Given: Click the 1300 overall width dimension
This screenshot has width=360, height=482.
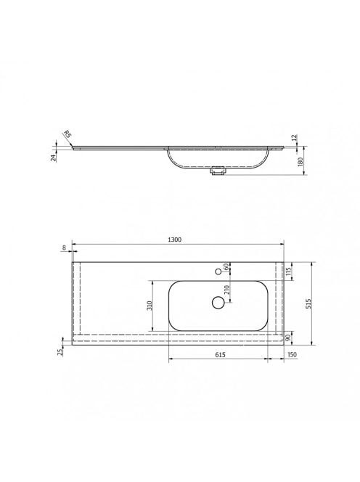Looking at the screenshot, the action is [175, 240].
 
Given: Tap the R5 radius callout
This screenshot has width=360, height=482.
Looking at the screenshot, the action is [67, 134].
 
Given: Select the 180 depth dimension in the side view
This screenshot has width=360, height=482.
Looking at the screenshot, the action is [300, 161].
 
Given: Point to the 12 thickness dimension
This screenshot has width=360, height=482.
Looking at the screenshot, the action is [294, 137].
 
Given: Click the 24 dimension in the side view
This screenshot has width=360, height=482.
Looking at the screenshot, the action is [54, 158].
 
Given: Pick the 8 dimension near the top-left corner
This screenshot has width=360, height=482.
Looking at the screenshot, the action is [64, 248].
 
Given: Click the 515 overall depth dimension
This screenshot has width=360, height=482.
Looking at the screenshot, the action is [308, 303].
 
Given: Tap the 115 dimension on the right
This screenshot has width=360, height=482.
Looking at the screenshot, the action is [287, 271].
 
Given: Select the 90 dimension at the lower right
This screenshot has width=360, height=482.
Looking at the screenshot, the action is [288, 338].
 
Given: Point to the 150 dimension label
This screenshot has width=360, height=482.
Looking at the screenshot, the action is [292, 354].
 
